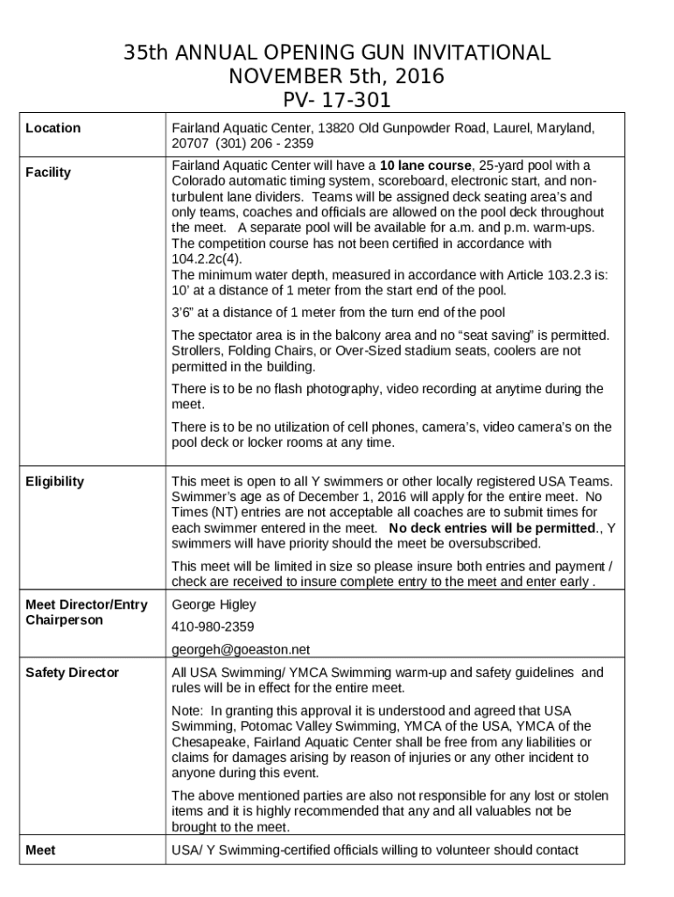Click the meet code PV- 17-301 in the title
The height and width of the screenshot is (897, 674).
click(x=336, y=100)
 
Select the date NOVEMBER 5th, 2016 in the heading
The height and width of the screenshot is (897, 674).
click(x=336, y=76)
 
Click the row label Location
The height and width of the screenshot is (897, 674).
click(x=53, y=128)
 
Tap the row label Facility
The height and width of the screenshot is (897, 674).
click(x=48, y=173)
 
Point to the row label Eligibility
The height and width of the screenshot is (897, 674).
click(x=55, y=481)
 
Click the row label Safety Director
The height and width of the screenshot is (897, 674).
click(x=72, y=673)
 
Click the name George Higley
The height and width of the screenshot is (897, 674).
click(x=214, y=604)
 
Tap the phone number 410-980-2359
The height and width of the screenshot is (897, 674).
click(x=213, y=627)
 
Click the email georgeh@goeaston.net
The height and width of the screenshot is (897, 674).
click(x=241, y=650)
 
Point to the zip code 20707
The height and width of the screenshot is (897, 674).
click(x=190, y=144)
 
